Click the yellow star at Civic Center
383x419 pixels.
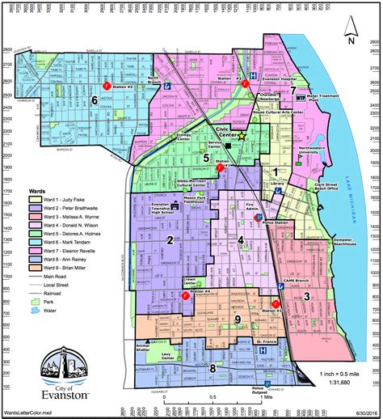tap(240, 137)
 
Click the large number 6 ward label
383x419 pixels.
tap(95, 100)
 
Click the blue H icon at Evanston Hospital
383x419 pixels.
tap(252, 74)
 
